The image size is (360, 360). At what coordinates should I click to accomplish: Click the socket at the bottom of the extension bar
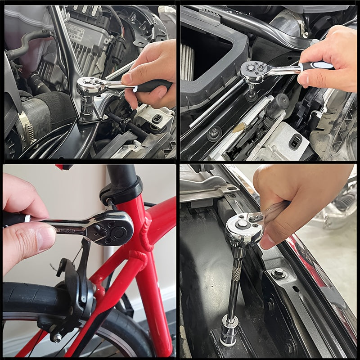[x=229, y=331]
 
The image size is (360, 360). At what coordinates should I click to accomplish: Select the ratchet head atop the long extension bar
[x=243, y=227]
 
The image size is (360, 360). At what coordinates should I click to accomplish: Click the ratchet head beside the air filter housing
[x=254, y=70]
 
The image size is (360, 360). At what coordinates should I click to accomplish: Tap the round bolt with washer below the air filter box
[x=214, y=133]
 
